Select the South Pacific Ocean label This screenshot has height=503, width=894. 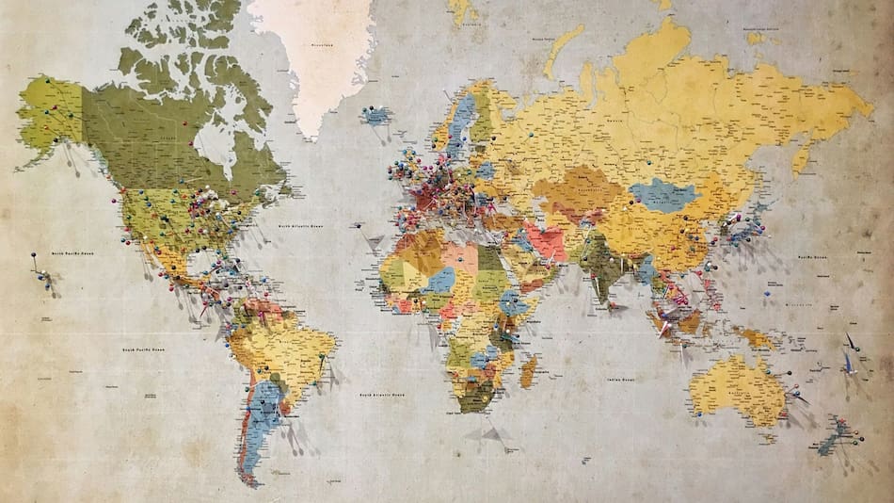(x=140, y=349)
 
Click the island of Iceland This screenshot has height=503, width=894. (x=376, y=116)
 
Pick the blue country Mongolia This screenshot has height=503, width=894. (x=664, y=194)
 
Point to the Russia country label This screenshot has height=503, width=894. (x=616, y=121)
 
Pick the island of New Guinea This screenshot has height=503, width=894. (x=758, y=334)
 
